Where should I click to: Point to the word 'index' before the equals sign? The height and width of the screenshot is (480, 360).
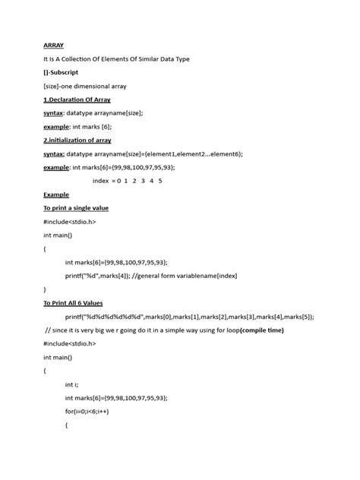pyautogui.click(x=101, y=181)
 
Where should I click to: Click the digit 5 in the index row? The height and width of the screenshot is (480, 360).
pyautogui.click(x=160, y=181)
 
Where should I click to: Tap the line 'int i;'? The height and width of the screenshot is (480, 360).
pyautogui.click(x=74, y=385)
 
